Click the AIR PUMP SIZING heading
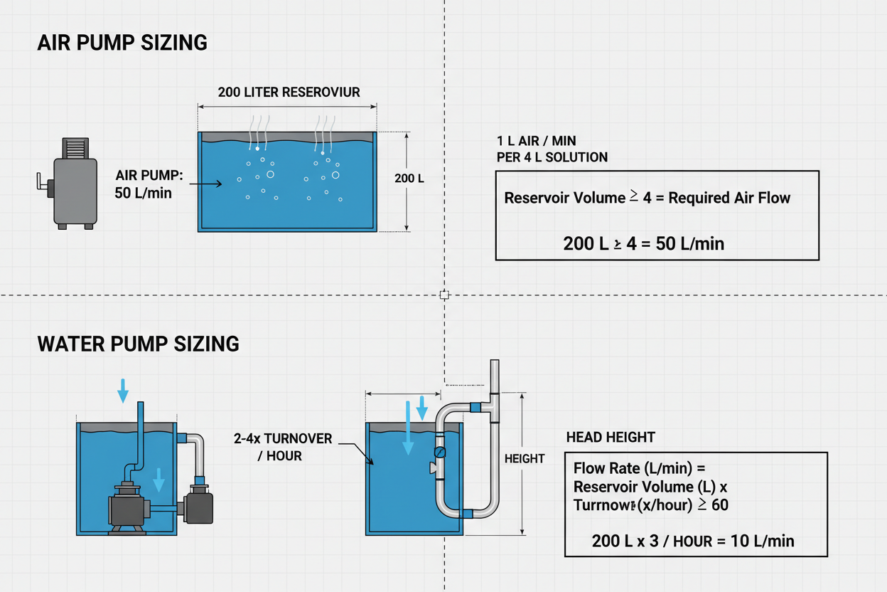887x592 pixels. pos(122,43)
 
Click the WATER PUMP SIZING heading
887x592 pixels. pos(138,344)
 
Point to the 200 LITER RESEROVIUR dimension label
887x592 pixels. pos(289,92)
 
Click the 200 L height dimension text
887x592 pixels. pos(409,179)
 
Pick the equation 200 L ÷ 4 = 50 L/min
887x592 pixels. pos(643,243)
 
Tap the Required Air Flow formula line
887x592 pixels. pos(647,198)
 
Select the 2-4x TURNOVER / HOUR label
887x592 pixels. pos(282,447)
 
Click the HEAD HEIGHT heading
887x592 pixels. pos(611,437)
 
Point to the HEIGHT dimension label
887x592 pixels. pos(525,459)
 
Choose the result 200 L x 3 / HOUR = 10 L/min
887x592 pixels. pos(692,541)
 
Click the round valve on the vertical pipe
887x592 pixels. pos(440,451)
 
